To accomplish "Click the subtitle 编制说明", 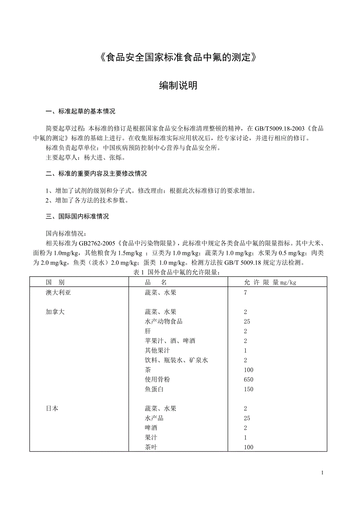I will [x=178, y=86].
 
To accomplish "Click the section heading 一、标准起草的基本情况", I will [x=81, y=112].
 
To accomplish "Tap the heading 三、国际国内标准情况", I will [x=77, y=216].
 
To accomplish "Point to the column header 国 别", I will [x=55, y=282].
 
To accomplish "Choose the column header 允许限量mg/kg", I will [x=270, y=282].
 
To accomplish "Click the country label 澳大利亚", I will [x=58, y=292].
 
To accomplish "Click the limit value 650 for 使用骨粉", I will [x=248, y=380].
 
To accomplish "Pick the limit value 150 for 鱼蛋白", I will [x=248, y=389].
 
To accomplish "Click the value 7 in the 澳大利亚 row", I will [x=245, y=292].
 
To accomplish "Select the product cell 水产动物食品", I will [x=164, y=322].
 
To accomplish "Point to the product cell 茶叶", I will [x=151, y=447].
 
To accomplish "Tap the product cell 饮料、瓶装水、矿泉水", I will [x=176, y=360].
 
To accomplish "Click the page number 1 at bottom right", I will [x=322, y=473].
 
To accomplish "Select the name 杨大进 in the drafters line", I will [x=93, y=158].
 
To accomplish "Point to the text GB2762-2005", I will [x=97, y=244].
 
